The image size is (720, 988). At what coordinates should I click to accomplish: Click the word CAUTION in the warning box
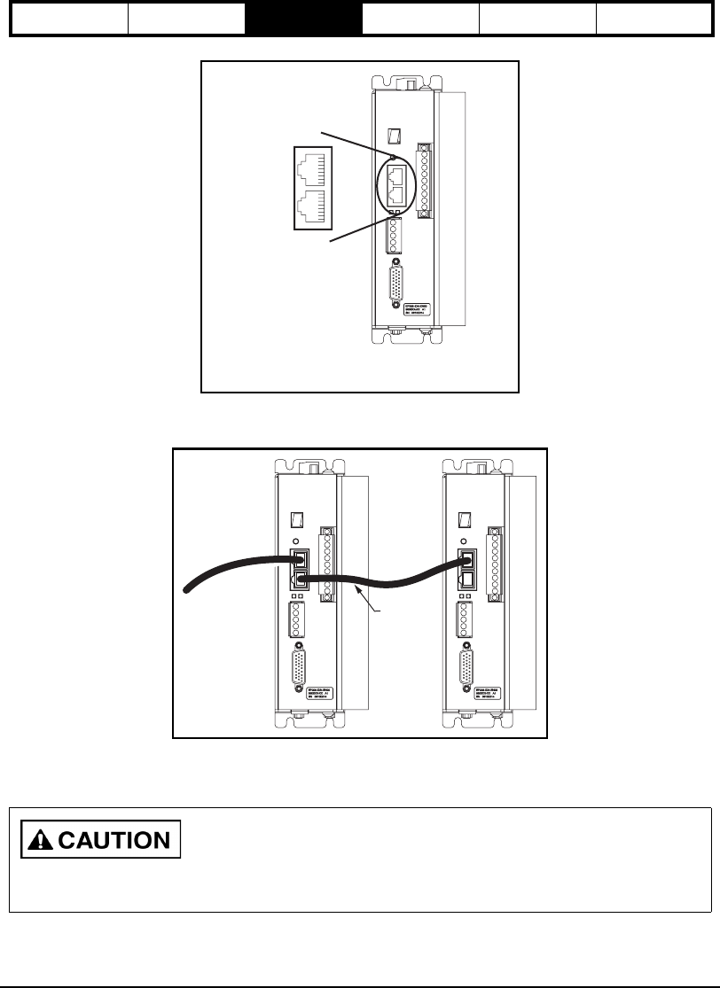pyautogui.click(x=118, y=840)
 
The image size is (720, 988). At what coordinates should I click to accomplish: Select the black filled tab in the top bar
pyautogui.click(x=304, y=19)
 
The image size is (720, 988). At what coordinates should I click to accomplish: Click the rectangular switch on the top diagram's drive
pyautogui.click(x=395, y=136)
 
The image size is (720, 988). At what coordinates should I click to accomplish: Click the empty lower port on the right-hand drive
pyautogui.click(x=466, y=580)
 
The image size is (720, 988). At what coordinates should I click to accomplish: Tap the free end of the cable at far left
pyautogui.click(x=185, y=590)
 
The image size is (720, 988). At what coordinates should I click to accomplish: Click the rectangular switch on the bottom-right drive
pyautogui.click(x=465, y=519)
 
